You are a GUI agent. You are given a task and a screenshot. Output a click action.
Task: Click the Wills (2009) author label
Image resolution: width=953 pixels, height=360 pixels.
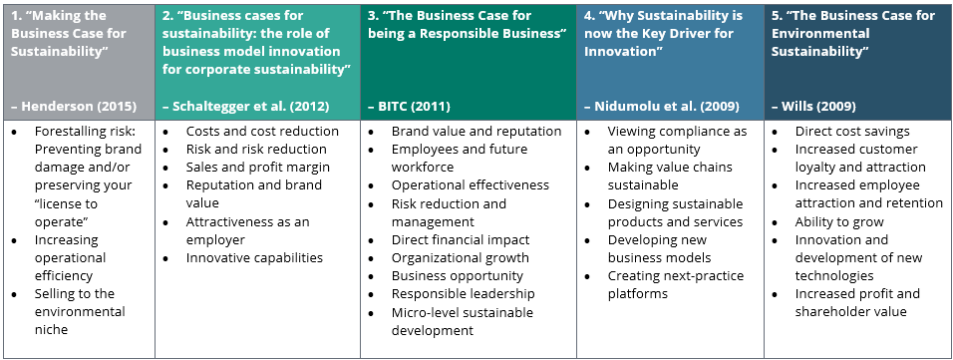[x=813, y=107]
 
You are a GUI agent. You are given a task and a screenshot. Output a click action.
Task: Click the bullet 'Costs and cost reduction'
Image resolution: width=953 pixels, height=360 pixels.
[x=262, y=131]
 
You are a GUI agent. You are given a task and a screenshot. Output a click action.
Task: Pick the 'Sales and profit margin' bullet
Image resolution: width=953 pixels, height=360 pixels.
[x=258, y=167]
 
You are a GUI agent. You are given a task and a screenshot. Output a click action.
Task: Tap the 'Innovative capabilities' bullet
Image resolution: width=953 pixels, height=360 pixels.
[x=254, y=257]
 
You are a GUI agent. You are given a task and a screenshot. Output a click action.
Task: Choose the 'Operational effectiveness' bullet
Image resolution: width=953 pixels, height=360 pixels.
[x=471, y=184]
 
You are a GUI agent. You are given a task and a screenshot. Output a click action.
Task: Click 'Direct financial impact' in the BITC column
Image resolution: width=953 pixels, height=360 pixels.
[x=461, y=239]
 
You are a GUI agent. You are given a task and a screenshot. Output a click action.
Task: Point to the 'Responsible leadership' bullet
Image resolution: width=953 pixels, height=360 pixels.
[x=464, y=294]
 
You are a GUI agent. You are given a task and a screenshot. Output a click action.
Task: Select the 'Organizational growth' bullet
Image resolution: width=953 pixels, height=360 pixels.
[x=461, y=258]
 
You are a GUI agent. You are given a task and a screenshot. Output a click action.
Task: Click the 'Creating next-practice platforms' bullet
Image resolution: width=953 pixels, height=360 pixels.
[x=676, y=284]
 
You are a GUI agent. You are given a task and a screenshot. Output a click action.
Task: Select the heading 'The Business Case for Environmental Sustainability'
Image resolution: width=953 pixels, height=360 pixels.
[x=853, y=33]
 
